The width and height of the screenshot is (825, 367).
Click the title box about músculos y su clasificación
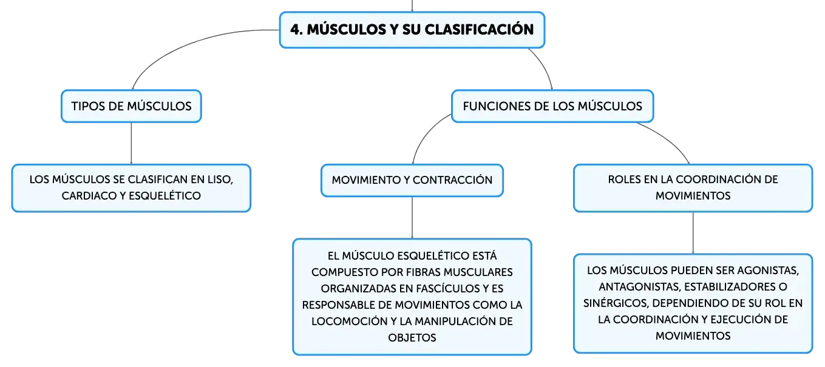(412, 30)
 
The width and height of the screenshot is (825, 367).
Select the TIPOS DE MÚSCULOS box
(131, 106)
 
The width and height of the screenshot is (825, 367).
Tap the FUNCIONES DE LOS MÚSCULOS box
(552, 106)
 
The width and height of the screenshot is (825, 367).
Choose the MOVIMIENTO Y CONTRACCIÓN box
(412, 180)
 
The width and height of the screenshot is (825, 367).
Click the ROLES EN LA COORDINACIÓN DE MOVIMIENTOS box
(693, 188)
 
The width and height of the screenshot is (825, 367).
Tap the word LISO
(220, 180)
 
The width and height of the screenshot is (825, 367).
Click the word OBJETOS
(412, 338)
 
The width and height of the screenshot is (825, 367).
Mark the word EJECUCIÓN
(738, 320)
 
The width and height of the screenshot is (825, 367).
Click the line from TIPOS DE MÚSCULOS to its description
(131, 143)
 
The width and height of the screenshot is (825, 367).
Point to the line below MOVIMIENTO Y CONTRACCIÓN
(412, 218)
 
